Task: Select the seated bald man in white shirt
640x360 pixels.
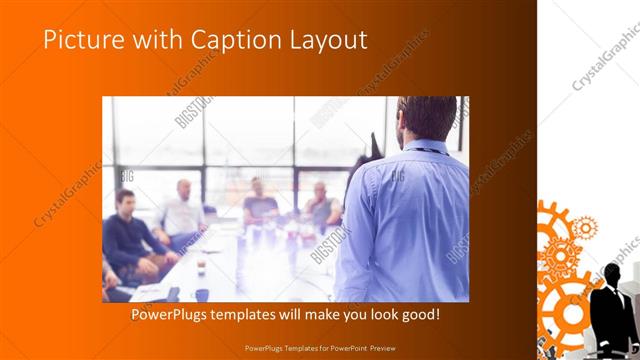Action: pos(182,210)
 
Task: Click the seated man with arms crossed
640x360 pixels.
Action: pos(319,205)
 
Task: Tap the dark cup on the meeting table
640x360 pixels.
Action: pos(204,294)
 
